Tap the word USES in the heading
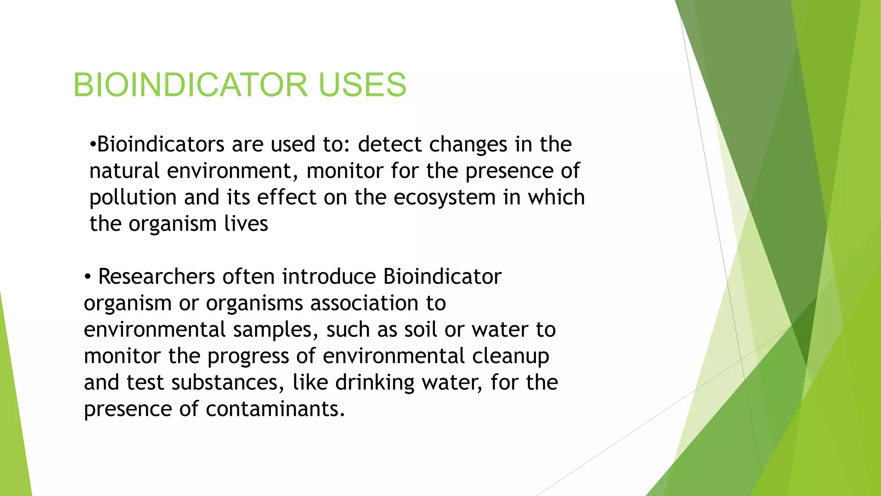tap(363, 84)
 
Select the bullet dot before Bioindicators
tap(92, 144)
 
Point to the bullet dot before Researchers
tap(88, 277)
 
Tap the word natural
tap(124, 170)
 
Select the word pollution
tap(133, 198)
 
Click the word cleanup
tap(510, 356)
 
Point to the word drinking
tap(375, 382)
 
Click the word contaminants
tap(275, 409)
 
